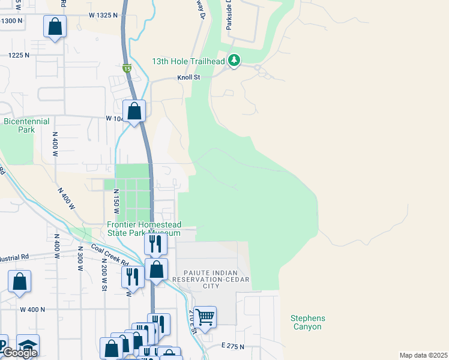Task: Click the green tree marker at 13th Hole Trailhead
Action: click(234, 60)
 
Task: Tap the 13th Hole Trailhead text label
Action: click(188, 61)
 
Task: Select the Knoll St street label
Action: click(188, 77)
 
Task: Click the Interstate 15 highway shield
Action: click(127, 68)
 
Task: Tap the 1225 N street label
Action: click(19, 55)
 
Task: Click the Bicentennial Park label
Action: click(26, 125)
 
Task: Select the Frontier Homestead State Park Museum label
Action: click(143, 229)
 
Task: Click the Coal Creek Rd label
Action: click(110, 254)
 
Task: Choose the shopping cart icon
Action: click(205, 316)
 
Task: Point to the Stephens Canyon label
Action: click(308, 323)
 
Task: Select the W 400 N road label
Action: click(32, 310)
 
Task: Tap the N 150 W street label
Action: click(116, 202)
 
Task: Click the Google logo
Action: click(20, 353)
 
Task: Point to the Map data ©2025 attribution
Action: click(423, 355)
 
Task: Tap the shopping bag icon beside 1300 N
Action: click(55, 27)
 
